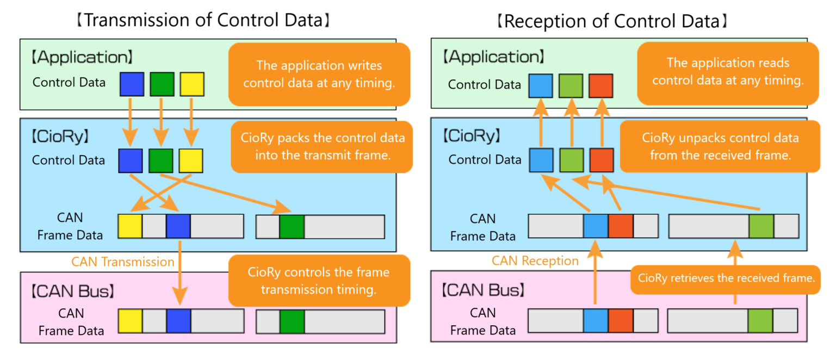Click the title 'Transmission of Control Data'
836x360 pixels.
(x=203, y=20)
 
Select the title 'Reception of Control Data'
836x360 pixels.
(x=612, y=21)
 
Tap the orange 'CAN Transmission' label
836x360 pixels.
(x=123, y=262)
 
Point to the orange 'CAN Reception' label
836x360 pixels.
(x=535, y=261)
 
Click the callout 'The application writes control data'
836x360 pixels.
(x=319, y=75)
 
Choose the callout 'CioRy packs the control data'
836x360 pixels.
(x=321, y=147)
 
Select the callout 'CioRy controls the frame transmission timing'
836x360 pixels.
(x=319, y=281)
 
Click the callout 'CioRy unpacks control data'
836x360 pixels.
(x=720, y=146)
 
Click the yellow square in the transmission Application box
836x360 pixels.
(x=192, y=84)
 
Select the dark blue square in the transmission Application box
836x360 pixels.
(x=132, y=84)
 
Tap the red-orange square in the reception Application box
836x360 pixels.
(x=601, y=86)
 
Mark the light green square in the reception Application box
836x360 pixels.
(x=571, y=86)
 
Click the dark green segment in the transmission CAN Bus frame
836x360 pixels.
(x=292, y=321)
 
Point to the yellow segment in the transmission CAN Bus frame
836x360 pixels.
(x=131, y=321)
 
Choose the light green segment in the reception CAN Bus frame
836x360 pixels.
(x=760, y=320)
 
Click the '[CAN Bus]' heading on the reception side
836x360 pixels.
(x=484, y=290)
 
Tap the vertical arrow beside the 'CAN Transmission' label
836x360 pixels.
(x=180, y=273)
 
